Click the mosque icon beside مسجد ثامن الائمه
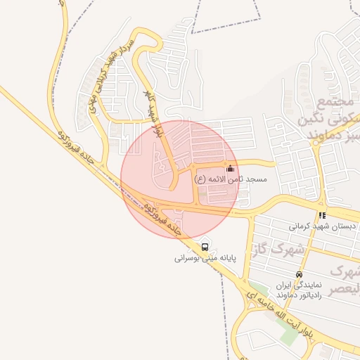point(230,169)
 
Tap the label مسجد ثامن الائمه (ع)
point(230,180)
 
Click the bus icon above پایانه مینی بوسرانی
point(205,247)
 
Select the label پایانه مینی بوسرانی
point(205,258)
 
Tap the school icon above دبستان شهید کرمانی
point(322,215)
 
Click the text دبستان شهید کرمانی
point(323,226)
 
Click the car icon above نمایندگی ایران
point(300,274)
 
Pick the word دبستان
point(343,226)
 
